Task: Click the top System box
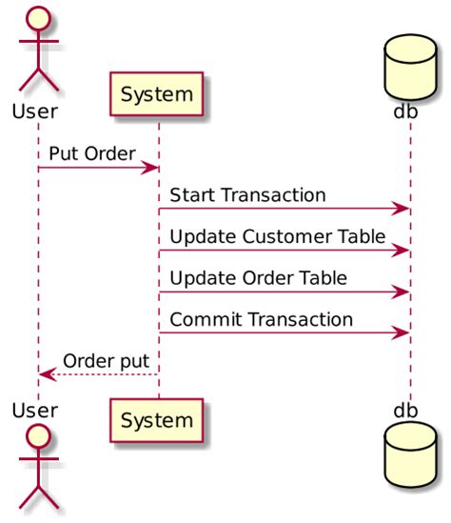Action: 158,94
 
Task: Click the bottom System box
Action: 158,419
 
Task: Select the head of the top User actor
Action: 38,19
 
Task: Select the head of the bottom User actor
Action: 38,440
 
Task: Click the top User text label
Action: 35,111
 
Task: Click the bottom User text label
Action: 35,411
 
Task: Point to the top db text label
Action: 405,111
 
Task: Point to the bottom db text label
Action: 405,411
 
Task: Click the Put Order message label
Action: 92,153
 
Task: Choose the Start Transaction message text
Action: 247,194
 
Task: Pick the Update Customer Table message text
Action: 277,235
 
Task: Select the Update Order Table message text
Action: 258,277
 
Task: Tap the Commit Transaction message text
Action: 261,319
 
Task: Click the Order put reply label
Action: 106,360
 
